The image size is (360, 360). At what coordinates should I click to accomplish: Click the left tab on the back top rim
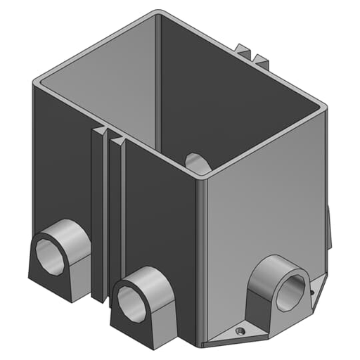coord(243,51)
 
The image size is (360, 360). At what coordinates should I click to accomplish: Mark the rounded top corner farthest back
coord(160,13)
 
